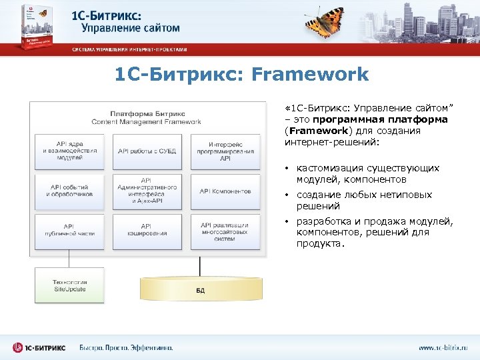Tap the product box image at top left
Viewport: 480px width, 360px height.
click(27, 27)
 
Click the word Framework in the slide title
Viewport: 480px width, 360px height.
click(310, 74)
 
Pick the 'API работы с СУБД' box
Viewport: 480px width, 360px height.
click(147, 151)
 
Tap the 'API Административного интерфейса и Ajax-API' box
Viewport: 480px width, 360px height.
click(147, 191)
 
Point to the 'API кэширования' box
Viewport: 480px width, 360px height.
click(147, 231)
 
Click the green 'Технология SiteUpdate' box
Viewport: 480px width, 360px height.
click(70, 285)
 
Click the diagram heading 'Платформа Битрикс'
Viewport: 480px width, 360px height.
click(147, 114)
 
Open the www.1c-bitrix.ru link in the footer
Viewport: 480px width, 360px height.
click(443, 347)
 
